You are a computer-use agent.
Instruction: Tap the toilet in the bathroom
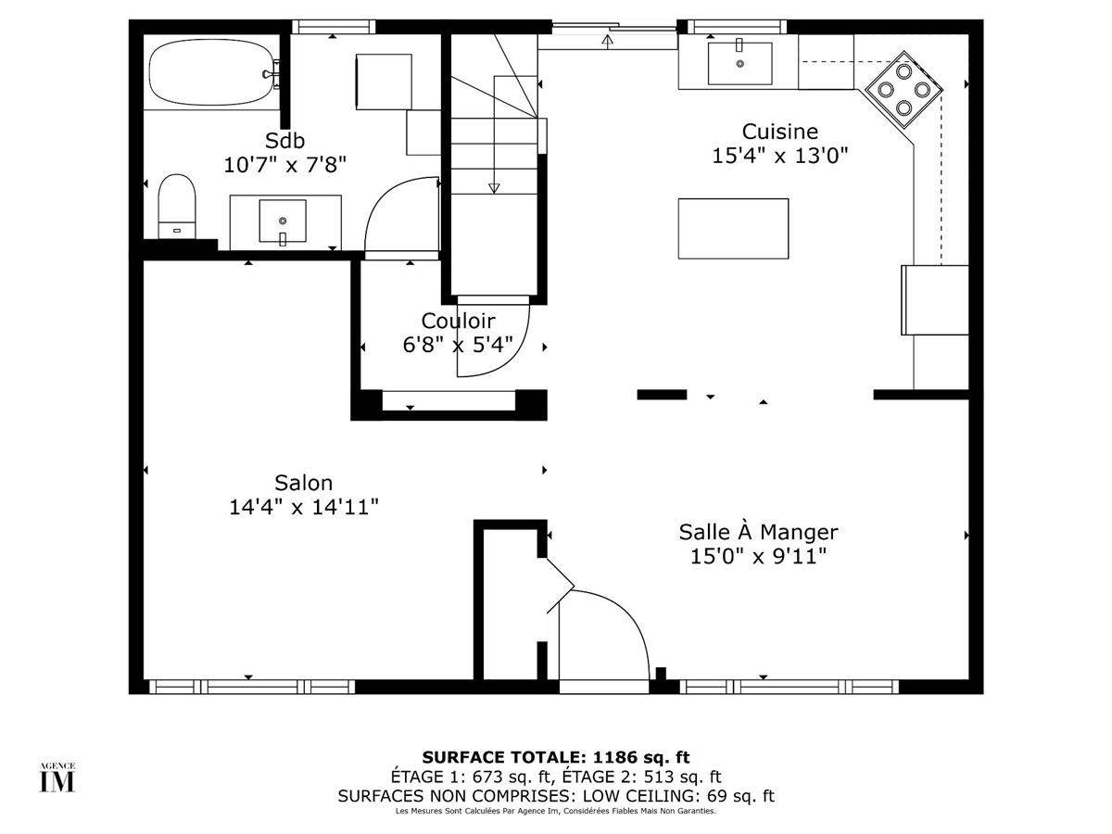click(x=177, y=206)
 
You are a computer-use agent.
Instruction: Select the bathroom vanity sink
click(x=283, y=221)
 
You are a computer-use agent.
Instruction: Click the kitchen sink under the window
click(x=739, y=62)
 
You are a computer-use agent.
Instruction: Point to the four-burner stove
click(x=903, y=89)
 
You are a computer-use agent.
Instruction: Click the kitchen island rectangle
click(x=733, y=229)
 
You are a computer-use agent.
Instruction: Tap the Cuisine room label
click(x=779, y=132)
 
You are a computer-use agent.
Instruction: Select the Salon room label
click(x=303, y=483)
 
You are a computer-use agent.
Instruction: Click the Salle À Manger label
click(x=758, y=532)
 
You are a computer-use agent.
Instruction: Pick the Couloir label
click(x=458, y=321)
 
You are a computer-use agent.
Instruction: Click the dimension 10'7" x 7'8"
click(x=284, y=165)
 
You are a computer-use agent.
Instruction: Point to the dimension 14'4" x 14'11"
click(x=303, y=507)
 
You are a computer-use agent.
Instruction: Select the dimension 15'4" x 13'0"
click(x=779, y=156)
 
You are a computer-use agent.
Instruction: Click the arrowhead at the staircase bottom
click(x=494, y=188)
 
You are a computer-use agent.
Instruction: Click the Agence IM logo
click(x=57, y=777)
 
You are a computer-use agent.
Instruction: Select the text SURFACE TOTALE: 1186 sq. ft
click(x=556, y=757)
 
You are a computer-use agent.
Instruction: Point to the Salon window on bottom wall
click(x=250, y=687)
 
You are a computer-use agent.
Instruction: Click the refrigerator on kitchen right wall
click(x=935, y=299)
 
